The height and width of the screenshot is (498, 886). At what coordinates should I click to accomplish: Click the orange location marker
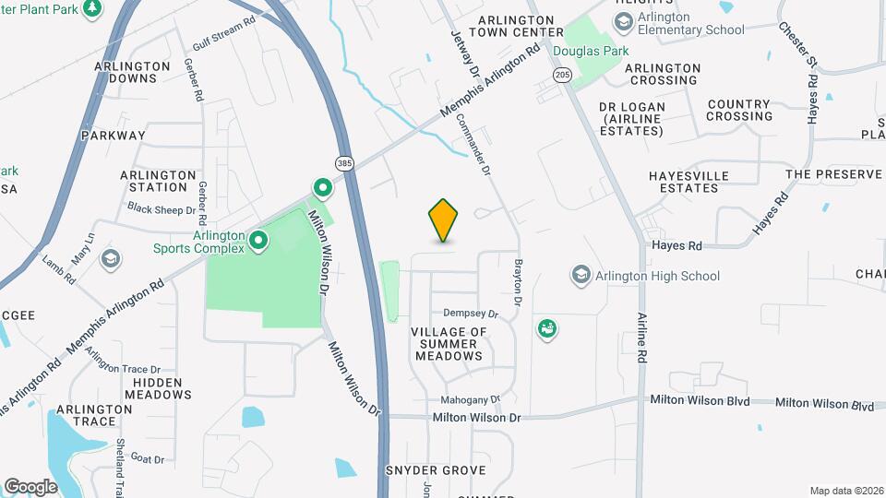pos(443,220)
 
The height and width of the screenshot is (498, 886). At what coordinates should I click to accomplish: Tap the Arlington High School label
pos(658,276)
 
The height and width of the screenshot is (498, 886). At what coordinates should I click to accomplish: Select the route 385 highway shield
pos(344,163)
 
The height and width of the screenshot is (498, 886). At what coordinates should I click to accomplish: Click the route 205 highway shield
pos(562,73)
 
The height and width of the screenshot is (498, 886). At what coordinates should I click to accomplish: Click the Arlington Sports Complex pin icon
pos(258,242)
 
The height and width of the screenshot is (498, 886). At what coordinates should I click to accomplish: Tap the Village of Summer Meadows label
pos(449,343)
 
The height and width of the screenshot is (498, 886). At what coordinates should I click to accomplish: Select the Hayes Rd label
pos(676,245)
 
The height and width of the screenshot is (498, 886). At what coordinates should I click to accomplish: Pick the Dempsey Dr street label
pos(471,314)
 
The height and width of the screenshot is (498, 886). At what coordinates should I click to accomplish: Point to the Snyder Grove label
pos(436,470)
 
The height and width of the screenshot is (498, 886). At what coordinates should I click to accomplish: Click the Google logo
pos(30,486)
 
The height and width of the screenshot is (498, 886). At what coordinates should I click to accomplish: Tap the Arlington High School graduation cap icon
pos(581,275)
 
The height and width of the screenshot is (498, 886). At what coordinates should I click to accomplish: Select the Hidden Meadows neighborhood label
pos(162,387)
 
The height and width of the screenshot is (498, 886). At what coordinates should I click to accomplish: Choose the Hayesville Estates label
pos(688,182)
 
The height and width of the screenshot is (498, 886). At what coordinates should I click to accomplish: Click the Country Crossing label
pos(739,111)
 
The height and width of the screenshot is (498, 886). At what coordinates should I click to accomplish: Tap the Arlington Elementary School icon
pos(624,21)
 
